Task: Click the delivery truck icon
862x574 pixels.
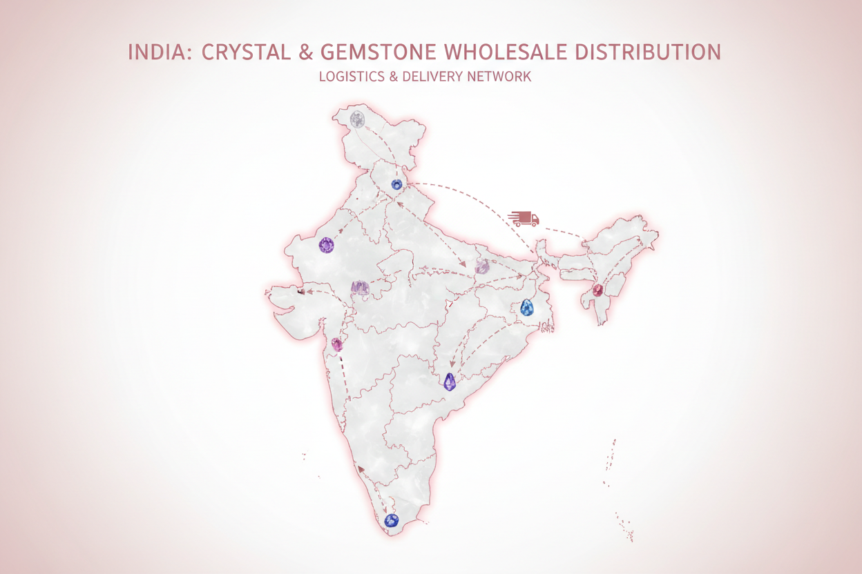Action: click(x=524, y=219)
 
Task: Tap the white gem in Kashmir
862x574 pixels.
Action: click(x=357, y=119)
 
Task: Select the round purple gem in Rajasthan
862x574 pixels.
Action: click(x=326, y=244)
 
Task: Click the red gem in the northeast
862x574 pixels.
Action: click(x=597, y=290)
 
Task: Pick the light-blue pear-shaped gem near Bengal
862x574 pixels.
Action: click(x=528, y=307)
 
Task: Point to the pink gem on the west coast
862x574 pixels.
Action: click(x=337, y=344)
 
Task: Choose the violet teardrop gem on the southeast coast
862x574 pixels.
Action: click(x=450, y=382)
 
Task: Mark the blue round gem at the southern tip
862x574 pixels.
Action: click(x=392, y=521)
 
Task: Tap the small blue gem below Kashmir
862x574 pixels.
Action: click(x=396, y=184)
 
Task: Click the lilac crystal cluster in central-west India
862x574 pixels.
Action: click(x=360, y=287)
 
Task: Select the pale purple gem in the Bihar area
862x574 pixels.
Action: click(x=481, y=266)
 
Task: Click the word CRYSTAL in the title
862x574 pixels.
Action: click(x=241, y=52)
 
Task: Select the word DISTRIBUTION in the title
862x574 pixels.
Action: click(x=653, y=52)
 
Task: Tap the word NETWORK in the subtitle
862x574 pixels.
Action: click(x=499, y=77)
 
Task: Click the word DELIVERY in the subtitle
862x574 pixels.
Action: click(x=432, y=77)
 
